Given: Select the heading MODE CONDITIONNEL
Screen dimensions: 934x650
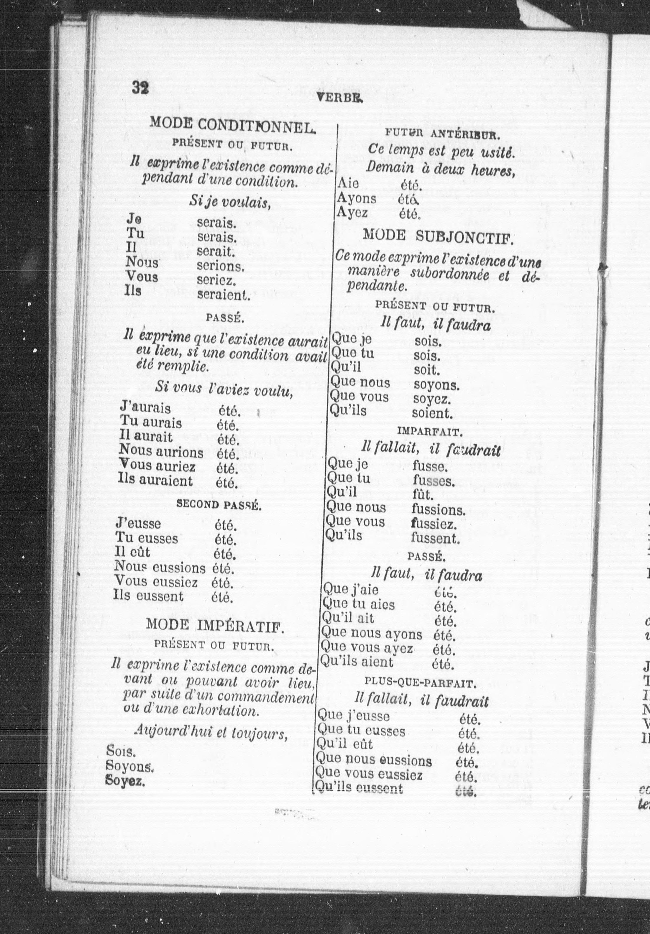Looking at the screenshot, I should tap(232, 123).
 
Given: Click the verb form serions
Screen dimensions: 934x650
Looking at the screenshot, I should tap(221, 267).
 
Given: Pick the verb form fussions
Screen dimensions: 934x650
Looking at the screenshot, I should tap(438, 510).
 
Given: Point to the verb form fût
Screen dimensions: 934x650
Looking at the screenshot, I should tap(423, 496).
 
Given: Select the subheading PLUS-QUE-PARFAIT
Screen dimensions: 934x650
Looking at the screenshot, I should tap(420, 683).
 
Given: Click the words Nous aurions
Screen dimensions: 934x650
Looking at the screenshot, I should tap(161, 452).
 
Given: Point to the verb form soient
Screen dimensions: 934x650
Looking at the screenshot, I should tap(432, 413).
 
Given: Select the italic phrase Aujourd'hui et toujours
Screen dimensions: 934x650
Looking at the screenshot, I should tap(211, 733).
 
